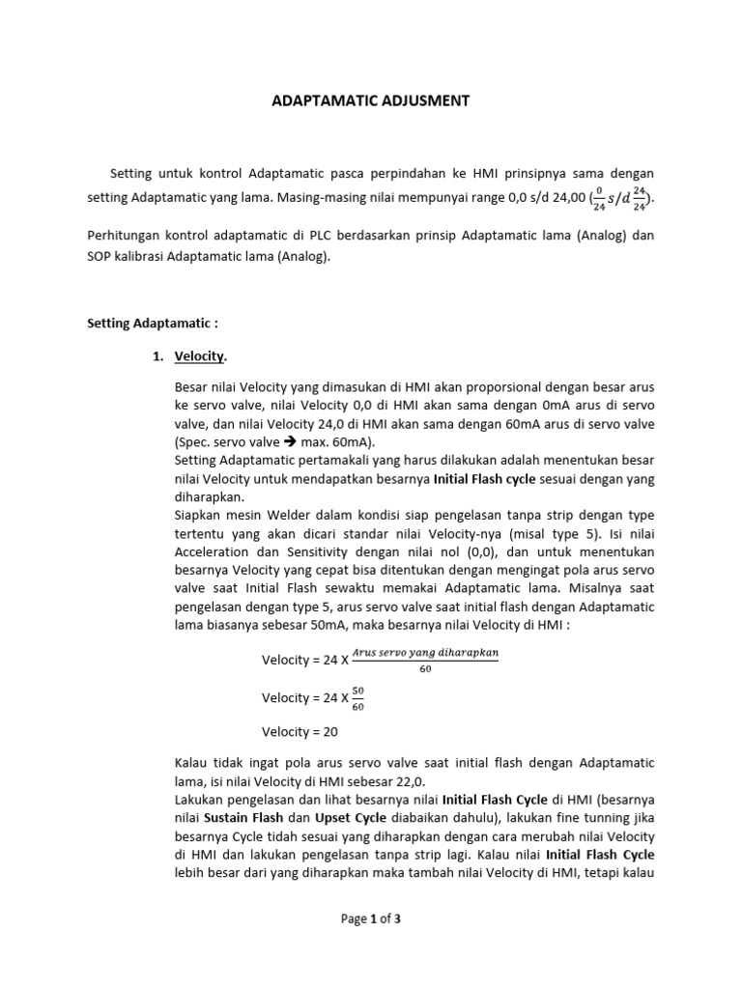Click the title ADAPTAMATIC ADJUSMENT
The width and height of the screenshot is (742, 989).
click(371, 100)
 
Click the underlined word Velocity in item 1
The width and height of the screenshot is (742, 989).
click(199, 357)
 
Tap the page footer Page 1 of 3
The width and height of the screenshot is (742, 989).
click(371, 918)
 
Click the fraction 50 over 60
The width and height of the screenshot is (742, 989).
click(359, 697)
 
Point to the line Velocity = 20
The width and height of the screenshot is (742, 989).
click(300, 731)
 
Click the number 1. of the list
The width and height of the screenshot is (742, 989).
click(158, 357)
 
